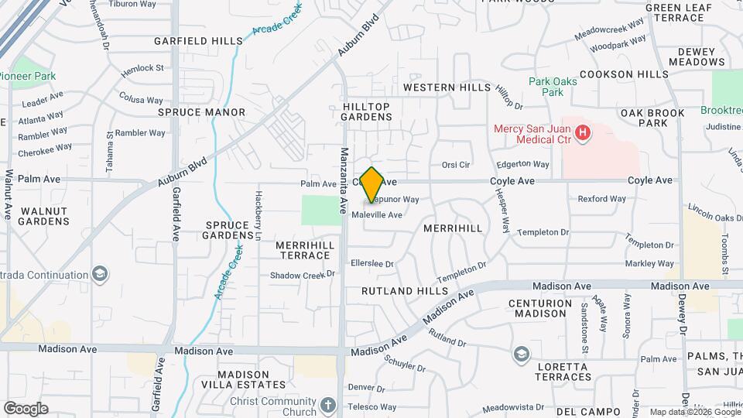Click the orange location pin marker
371,184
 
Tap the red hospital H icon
584,133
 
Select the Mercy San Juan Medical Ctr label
533,133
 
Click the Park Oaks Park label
552,86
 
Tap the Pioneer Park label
28,77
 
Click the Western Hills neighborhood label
447,87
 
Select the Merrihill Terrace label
305,250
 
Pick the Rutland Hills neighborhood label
405,291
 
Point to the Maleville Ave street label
377,215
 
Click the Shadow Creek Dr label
302,275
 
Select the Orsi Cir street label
456,165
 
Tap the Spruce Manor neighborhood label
201,112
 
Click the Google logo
26,409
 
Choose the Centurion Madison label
548,308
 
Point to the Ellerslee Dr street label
372,264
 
